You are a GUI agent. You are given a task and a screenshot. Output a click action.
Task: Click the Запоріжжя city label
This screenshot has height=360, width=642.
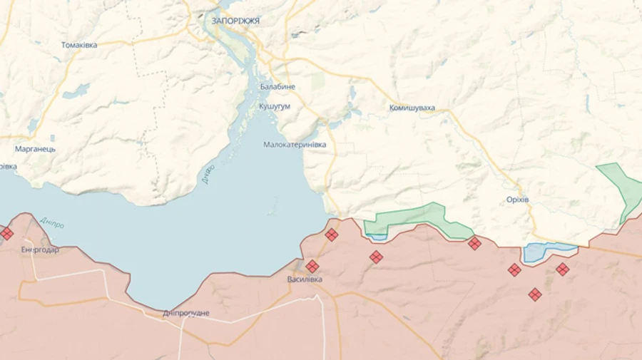coord(235,21)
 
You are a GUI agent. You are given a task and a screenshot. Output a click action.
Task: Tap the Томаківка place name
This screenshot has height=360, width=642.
coord(79,45)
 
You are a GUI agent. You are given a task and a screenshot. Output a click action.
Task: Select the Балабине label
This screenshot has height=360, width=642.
coord(277,87)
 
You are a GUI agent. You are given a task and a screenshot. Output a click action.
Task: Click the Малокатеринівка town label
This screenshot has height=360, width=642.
coord(295,145)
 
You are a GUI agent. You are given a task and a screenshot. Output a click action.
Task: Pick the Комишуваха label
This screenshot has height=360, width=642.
coord(412,108)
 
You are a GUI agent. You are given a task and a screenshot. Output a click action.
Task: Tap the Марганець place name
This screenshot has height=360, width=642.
coord(35,149)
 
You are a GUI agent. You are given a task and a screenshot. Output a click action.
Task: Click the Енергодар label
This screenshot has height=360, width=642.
coord(40,250)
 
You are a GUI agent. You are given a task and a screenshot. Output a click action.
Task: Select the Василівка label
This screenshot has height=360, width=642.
coord(305,279)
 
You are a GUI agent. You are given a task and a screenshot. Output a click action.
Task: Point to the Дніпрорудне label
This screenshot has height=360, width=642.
coord(186,313)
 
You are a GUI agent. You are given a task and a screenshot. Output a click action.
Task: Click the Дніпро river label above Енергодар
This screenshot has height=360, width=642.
coord(51,223)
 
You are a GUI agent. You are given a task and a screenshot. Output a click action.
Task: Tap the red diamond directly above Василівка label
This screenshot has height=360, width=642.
coord(312,267)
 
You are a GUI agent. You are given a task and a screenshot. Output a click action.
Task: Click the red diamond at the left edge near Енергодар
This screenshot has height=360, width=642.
coord(6,233)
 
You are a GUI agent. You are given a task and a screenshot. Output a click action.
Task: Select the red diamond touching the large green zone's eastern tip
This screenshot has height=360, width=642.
coord(474,244)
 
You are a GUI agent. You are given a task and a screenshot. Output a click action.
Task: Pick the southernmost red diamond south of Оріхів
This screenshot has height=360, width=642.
coord(535,294)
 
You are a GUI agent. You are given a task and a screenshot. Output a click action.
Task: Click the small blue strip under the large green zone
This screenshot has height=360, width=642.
coord(377,237)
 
